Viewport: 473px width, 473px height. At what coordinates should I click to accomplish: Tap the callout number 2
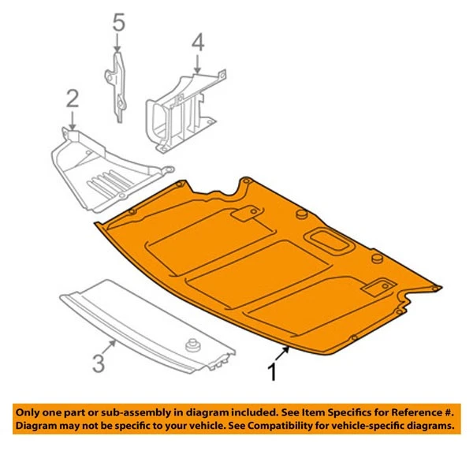point(72,99)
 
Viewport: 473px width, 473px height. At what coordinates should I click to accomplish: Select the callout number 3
point(98,363)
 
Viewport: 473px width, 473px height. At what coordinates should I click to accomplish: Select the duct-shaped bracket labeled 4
point(180,110)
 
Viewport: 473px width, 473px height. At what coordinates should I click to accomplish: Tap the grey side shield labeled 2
point(102,173)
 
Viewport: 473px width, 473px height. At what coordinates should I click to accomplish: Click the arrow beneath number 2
point(72,120)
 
